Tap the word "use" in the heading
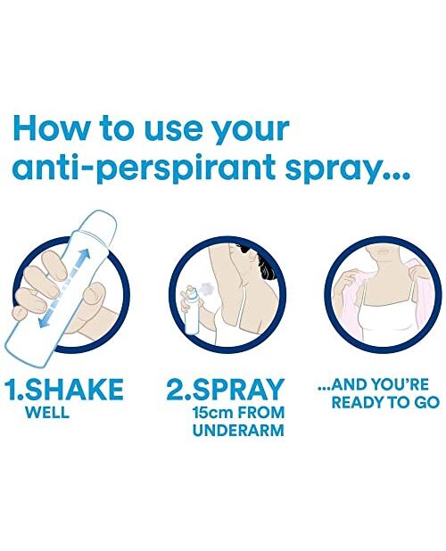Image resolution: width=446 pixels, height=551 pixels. click(x=173, y=131)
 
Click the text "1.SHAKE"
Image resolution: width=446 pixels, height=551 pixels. click(x=63, y=389)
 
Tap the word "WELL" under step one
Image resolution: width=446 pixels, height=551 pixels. click(x=47, y=412)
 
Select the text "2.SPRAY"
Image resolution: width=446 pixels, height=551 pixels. click(x=226, y=389)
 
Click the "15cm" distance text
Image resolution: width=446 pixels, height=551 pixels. click(x=212, y=412)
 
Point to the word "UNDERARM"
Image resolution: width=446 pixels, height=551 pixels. click(x=238, y=430)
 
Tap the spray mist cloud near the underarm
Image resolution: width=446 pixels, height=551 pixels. click(x=206, y=288)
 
